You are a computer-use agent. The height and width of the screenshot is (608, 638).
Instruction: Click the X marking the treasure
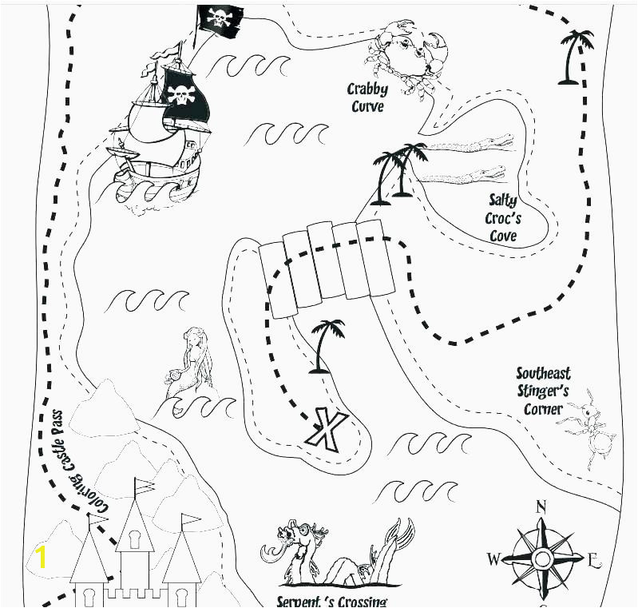pyautogui.click(x=327, y=430)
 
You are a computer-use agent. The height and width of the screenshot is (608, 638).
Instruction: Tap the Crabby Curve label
pyautogui.click(x=367, y=97)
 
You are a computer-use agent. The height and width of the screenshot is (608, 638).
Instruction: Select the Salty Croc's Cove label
pyautogui.click(x=503, y=218)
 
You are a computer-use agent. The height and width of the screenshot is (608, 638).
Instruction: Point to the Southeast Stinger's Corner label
pyautogui.click(x=543, y=391)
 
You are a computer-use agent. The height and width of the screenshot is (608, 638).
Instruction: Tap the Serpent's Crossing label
pyautogui.click(x=331, y=602)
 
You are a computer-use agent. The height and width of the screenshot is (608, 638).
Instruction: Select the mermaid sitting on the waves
pyautogui.click(x=190, y=364)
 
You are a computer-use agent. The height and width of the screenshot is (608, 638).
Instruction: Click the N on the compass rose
pyautogui.click(x=541, y=507)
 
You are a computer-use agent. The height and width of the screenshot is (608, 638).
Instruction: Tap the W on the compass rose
pyautogui.click(x=493, y=559)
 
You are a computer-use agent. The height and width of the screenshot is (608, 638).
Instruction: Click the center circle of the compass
pyautogui.click(x=541, y=559)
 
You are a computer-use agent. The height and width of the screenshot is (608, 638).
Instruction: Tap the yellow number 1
pyautogui.click(x=40, y=558)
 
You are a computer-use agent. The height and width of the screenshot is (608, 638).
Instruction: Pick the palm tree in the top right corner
pyautogui.click(x=574, y=57)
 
